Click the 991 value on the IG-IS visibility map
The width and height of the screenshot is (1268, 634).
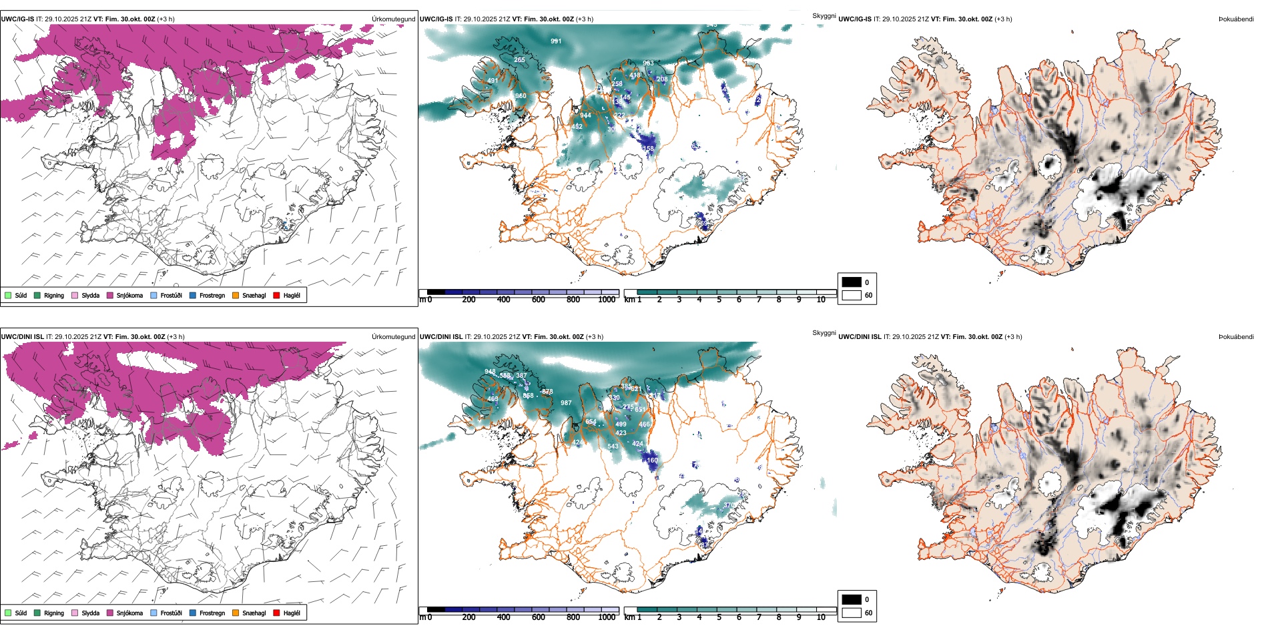pos(556,41)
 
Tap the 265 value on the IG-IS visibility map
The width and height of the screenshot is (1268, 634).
pos(519,60)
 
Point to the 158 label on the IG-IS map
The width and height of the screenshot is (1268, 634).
pos(648,149)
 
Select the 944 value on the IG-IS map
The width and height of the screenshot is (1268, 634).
pos(585,115)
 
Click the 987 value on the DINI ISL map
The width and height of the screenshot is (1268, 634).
pos(566,403)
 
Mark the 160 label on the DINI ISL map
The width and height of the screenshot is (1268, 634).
pos(652,460)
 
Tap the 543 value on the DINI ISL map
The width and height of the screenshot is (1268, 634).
pos(613,446)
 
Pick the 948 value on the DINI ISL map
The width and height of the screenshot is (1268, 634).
pos(490,372)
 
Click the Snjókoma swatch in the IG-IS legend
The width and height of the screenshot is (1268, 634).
pos(110,295)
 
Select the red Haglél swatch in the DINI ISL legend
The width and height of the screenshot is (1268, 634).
pos(276,613)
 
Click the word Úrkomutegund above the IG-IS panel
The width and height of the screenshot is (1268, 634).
pos(393,19)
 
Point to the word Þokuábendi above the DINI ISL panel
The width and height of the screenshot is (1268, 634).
pos(1236,337)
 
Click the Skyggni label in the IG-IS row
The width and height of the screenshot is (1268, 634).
pos(824,15)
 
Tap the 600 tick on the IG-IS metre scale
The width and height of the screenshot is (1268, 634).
pos(538,300)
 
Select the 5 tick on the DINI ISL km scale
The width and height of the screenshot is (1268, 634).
pos(719,617)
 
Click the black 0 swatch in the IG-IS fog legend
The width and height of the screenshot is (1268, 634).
pos(852,282)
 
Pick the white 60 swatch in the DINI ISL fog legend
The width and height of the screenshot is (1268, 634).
pos(852,613)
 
